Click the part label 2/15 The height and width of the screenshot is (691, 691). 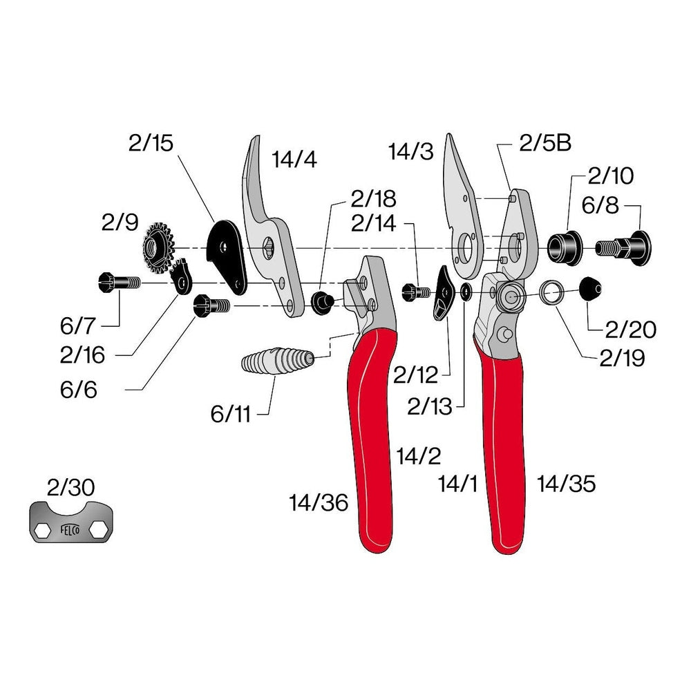pos(151,144)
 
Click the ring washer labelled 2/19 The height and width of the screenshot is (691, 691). pos(551,292)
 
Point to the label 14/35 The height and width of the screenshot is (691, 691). pos(566,484)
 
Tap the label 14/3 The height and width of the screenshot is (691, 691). pos(411,151)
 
